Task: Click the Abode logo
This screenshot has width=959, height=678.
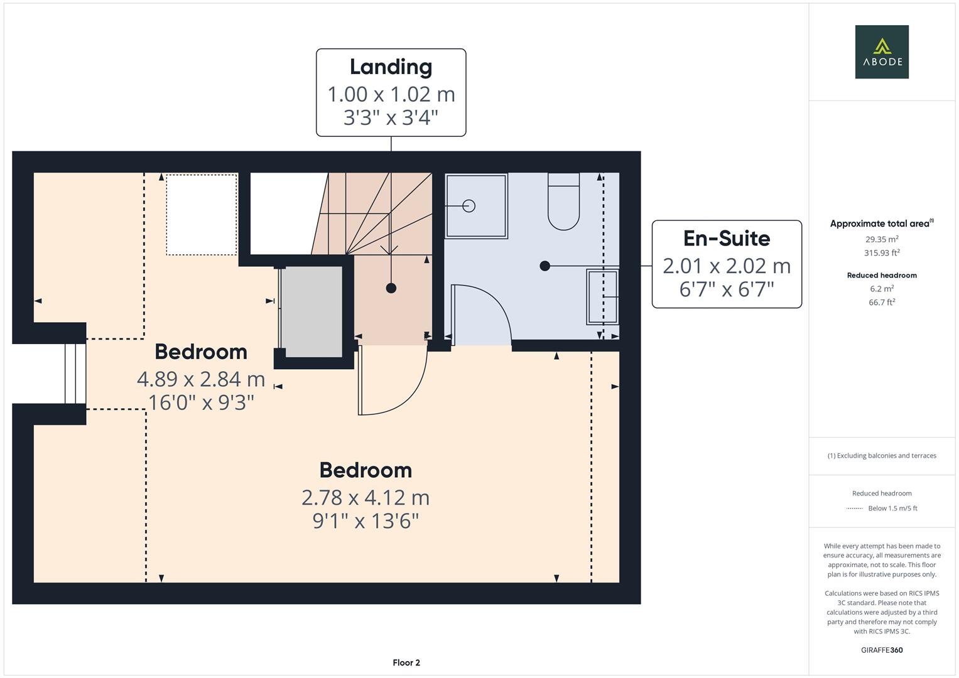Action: pyautogui.click(x=881, y=51)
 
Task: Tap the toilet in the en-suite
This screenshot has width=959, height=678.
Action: pyautogui.click(x=563, y=202)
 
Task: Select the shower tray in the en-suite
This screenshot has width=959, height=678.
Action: pyautogui.click(x=476, y=206)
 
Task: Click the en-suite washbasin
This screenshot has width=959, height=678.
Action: pyautogui.click(x=602, y=296)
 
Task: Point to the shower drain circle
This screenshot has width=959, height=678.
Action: pyautogui.click(x=469, y=205)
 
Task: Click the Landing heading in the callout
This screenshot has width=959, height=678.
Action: pyautogui.click(x=391, y=67)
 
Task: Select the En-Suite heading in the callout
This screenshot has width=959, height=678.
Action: pyautogui.click(x=726, y=239)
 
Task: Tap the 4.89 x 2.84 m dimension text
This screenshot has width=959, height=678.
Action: pyautogui.click(x=201, y=379)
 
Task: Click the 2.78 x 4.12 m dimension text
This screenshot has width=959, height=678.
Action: pyautogui.click(x=366, y=497)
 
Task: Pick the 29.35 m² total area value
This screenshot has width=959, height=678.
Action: pyautogui.click(x=881, y=239)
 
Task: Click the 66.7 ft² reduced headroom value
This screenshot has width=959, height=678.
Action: pyautogui.click(x=881, y=302)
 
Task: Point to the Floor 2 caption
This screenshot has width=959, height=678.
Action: pyautogui.click(x=406, y=662)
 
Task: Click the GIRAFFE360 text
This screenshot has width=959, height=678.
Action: pyautogui.click(x=881, y=650)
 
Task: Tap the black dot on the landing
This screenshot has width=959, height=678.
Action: pyautogui.click(x=391, y=288)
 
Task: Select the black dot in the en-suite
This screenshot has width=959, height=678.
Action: pyautogui.click(x=545, y=266)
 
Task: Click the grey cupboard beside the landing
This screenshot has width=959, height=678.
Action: pyautogui.click(x=312, y=311)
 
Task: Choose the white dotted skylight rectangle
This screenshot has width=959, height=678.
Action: pyautogui.click(x=202, y=215)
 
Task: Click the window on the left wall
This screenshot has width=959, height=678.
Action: pyautogui.click(x=75, y=374)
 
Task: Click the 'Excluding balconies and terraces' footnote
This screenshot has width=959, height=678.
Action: pyautogui.click(x=881, y=456)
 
